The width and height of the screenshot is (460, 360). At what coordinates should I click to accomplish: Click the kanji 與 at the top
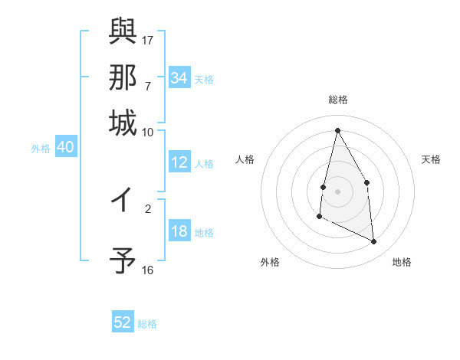tap(123, 33)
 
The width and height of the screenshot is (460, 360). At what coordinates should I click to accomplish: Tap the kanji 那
tap(123, 77)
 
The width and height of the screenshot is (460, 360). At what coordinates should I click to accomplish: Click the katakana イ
tap(123, 201)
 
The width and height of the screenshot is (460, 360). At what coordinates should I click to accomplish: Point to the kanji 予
tap(123, 260)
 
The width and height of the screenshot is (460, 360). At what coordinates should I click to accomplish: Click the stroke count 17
tap(149, 39)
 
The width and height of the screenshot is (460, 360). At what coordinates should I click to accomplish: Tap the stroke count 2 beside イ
tap(148, 208)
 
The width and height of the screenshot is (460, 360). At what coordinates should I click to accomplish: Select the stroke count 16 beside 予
tap(148, 270)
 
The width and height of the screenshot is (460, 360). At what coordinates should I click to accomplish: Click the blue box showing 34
tap(179, 78)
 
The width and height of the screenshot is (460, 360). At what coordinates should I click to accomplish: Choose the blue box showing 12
tap(179, 163)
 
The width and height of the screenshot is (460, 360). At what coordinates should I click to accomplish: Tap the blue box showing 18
tap(179, 232)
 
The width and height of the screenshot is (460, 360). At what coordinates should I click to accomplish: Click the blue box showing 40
tap(65, 148)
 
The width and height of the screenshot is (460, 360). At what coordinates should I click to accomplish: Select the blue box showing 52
tap(123, 322)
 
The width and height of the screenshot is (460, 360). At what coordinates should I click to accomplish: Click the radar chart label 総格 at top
tap(338, 100)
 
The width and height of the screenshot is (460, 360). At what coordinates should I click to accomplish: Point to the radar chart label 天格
tap(431, 159)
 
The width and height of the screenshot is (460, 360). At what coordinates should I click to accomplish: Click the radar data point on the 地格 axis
tap(374, 242)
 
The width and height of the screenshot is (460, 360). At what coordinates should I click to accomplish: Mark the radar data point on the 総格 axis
tap(338, 130)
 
